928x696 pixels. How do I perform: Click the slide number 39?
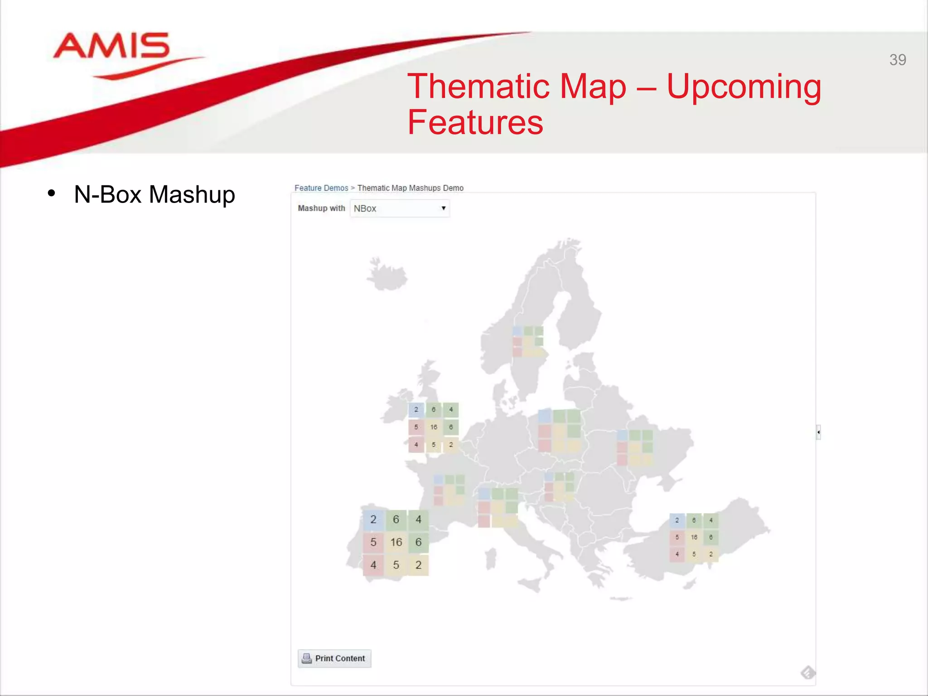(x=897, y=60)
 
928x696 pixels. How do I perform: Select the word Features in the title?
(x=475, y=122)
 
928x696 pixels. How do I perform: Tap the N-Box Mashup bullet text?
(x=154, y=194)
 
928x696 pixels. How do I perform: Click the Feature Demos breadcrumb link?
(x=321, y=188)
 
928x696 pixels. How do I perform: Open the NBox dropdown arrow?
(x=443, y=208)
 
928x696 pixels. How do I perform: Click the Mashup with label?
(x=321, y=208)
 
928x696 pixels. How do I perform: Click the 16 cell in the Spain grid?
(x=396, y=542)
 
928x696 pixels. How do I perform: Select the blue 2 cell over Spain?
(x=373, y=519)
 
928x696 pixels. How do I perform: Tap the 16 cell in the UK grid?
(x=434, y=427)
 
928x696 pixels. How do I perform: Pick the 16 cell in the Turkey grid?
(x=694, y=537)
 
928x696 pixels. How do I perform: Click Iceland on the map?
(x=387, y=275)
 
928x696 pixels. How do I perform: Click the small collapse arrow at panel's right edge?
(x=818, y=432)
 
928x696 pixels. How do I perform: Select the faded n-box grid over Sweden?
(x=528, y=341)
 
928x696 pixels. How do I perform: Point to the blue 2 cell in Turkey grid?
(x=677, y=520)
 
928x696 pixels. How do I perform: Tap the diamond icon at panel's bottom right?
(x=807, y=672)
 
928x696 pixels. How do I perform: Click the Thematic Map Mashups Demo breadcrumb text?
(x=410, y=188)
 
